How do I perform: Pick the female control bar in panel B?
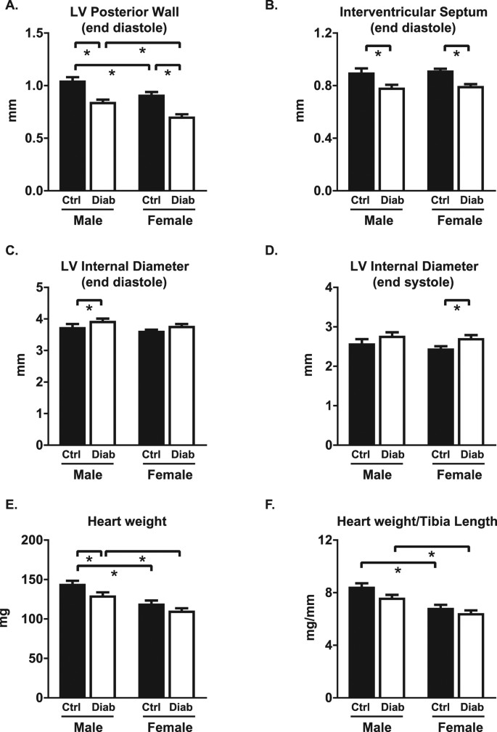[442, 131]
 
